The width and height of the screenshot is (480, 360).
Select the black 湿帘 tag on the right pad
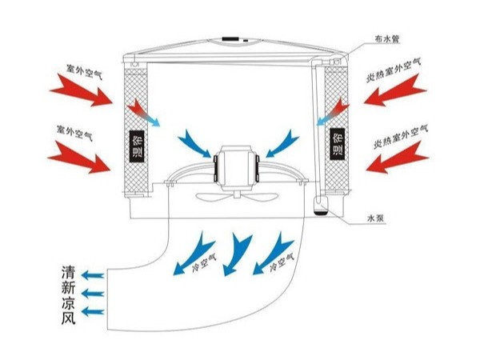tap(337, 143)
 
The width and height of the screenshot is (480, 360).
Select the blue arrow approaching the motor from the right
tap(280, 144)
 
